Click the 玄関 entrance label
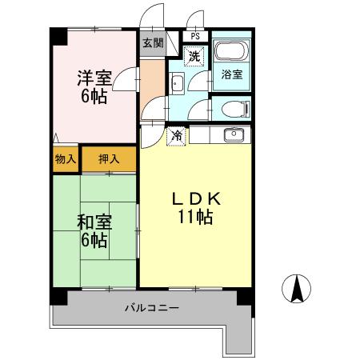(x=152, y=44)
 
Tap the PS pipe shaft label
(x=195, y=35)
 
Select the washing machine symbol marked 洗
(x=194, y=56)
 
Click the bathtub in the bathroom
(x=230, y=53)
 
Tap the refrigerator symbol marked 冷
(x=175, y=136)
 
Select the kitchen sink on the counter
(x=231, y=134)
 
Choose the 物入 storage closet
(x=65, y=159)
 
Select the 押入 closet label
(x=109, y=159)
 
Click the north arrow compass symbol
(x=297, y=288)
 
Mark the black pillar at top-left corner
(x=57, y=35)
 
